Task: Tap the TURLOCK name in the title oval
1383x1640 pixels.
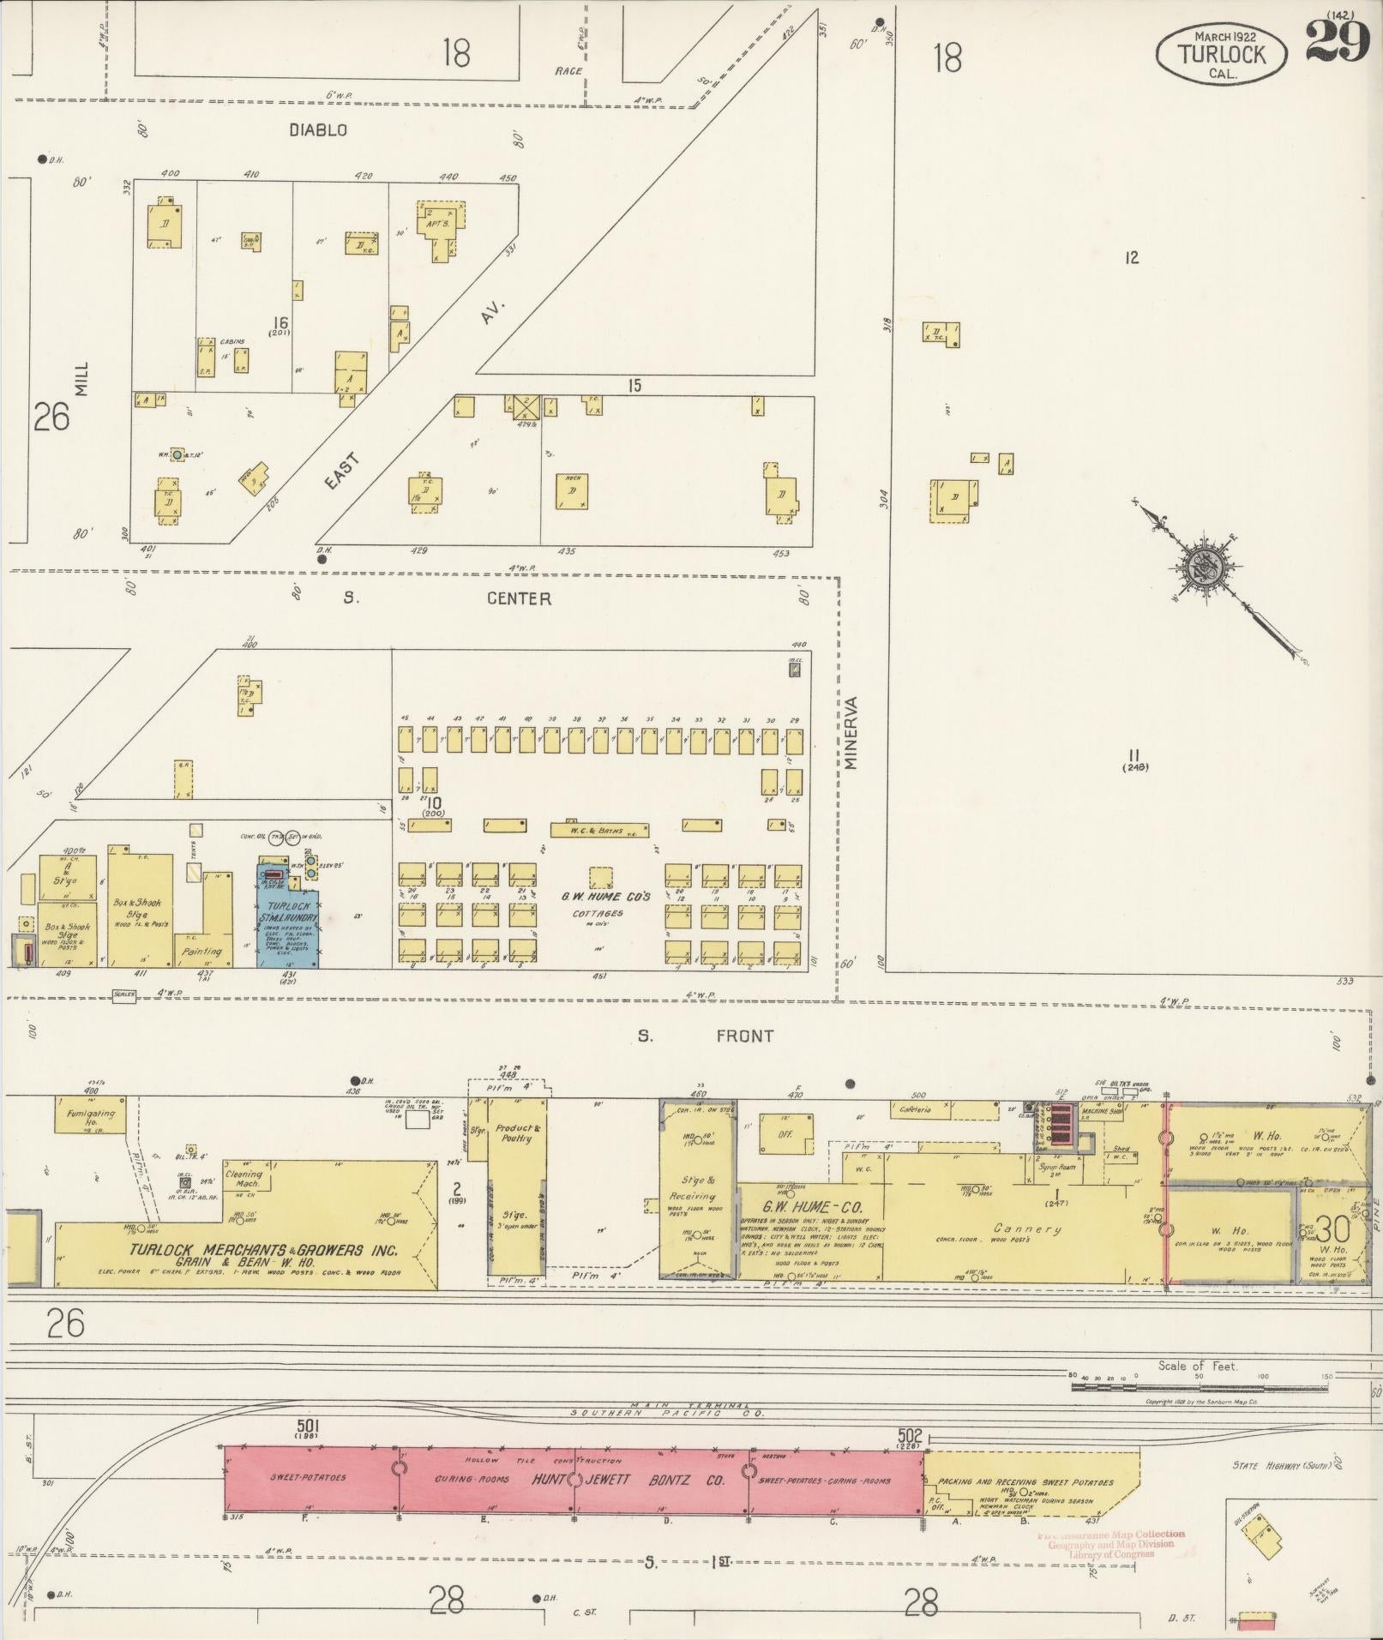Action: click(1222, 54)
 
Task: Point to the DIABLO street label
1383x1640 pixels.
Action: click(317, 130)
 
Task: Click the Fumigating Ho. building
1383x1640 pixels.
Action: click(90, 1120)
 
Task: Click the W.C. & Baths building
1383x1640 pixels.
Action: click(598, 831)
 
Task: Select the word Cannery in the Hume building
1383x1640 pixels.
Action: click(1026, 1228)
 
